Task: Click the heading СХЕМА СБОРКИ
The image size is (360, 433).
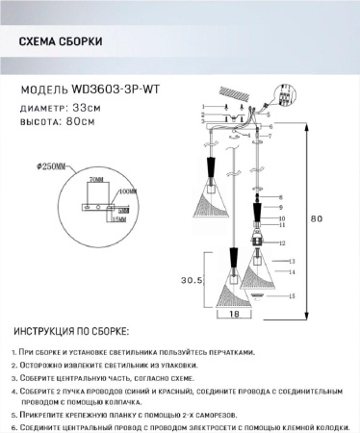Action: pyautogui.click(x=63, y=42)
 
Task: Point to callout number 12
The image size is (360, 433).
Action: pyautogui.click(x=285, y=243)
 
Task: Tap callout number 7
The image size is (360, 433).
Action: pyautogui.click(x=289, y=139)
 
